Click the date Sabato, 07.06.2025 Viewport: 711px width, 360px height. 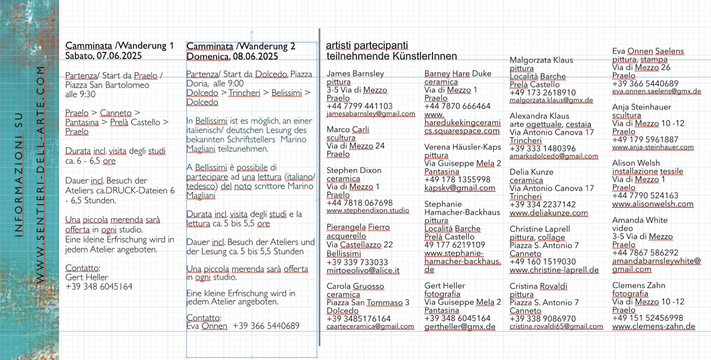click(x=103, y=56)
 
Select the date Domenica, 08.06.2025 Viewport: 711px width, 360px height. click(x=232, y=57)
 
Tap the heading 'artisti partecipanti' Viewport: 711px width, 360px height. click(x=367, y=46)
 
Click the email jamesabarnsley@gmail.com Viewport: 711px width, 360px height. click(x=371, y=114)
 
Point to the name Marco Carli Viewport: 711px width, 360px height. click(x=348, y=129)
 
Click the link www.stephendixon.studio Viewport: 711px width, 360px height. click(x=368, y=211)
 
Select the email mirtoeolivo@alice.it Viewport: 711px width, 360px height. click(x=363, y=270)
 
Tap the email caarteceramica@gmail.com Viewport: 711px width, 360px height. click(x=370, y=326)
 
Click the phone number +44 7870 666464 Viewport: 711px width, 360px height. click(x=457, y=106)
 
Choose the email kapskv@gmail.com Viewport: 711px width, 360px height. click(x=460, y=188)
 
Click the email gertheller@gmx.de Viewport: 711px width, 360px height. click(x=460, y=327)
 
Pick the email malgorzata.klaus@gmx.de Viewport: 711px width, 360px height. click(x=551, y=100)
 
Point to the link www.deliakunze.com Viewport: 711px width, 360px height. click(x=549, y=213)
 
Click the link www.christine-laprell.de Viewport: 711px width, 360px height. click(x=554, y=270)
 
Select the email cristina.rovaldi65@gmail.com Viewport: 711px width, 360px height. click(x=556, y=327)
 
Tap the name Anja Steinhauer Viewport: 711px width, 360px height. click(x=641, y=107)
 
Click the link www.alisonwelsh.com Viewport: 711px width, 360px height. click(x=653, y=204)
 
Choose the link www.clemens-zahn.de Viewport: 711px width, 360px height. click(x=653, y=326)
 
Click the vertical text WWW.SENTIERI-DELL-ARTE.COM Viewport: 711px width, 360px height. click(x=41, y=174)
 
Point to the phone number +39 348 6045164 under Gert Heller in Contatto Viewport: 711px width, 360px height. click(x=99, y=286)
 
